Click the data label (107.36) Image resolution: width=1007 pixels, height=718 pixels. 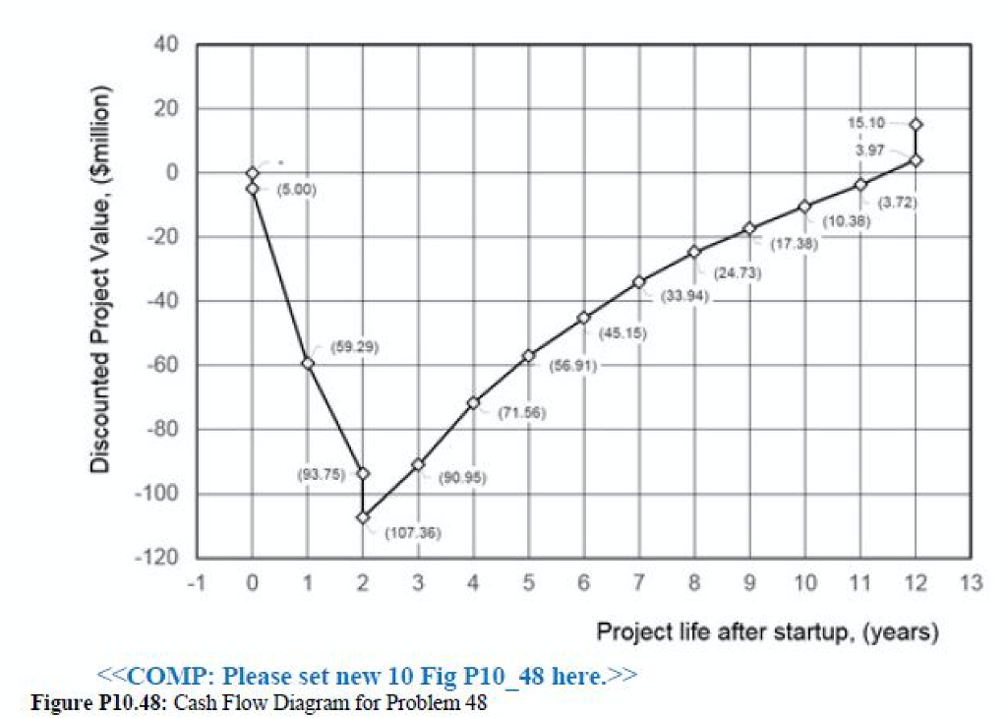pyautogui.click(x=412, y=533)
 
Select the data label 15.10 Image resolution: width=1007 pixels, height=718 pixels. pyautogui.click(x=865, y=123)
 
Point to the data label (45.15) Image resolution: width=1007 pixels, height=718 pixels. pyautogui.click(x=622, y=333)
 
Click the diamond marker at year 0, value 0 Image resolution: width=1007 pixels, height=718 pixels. pyautogui.click(x=253, y=173)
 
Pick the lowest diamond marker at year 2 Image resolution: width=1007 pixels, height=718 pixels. pyautogui.click(x=363, y=517)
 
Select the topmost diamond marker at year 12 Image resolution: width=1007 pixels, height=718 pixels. pyautogui.click(x=916, y=125)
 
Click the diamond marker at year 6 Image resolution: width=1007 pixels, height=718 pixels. pyautogui.click(x=584, y=318)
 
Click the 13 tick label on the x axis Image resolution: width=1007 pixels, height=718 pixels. pyautogui.click(x=971, y=584)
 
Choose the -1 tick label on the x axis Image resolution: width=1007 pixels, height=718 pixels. pyautogui.click(x=197, y=584)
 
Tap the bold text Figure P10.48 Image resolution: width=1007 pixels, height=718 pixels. pyautogui.click(x=88, y=702)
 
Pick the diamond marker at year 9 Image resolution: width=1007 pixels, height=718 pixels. pyautogui.click(x=749, y=228)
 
